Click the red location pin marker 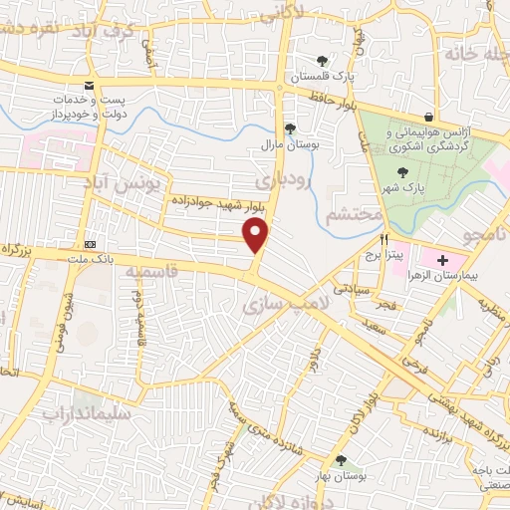point(256,237)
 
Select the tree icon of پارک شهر point(402,173)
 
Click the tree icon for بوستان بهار point(342,460)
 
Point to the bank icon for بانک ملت point(91,243)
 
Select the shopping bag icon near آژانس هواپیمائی point(428,117)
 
